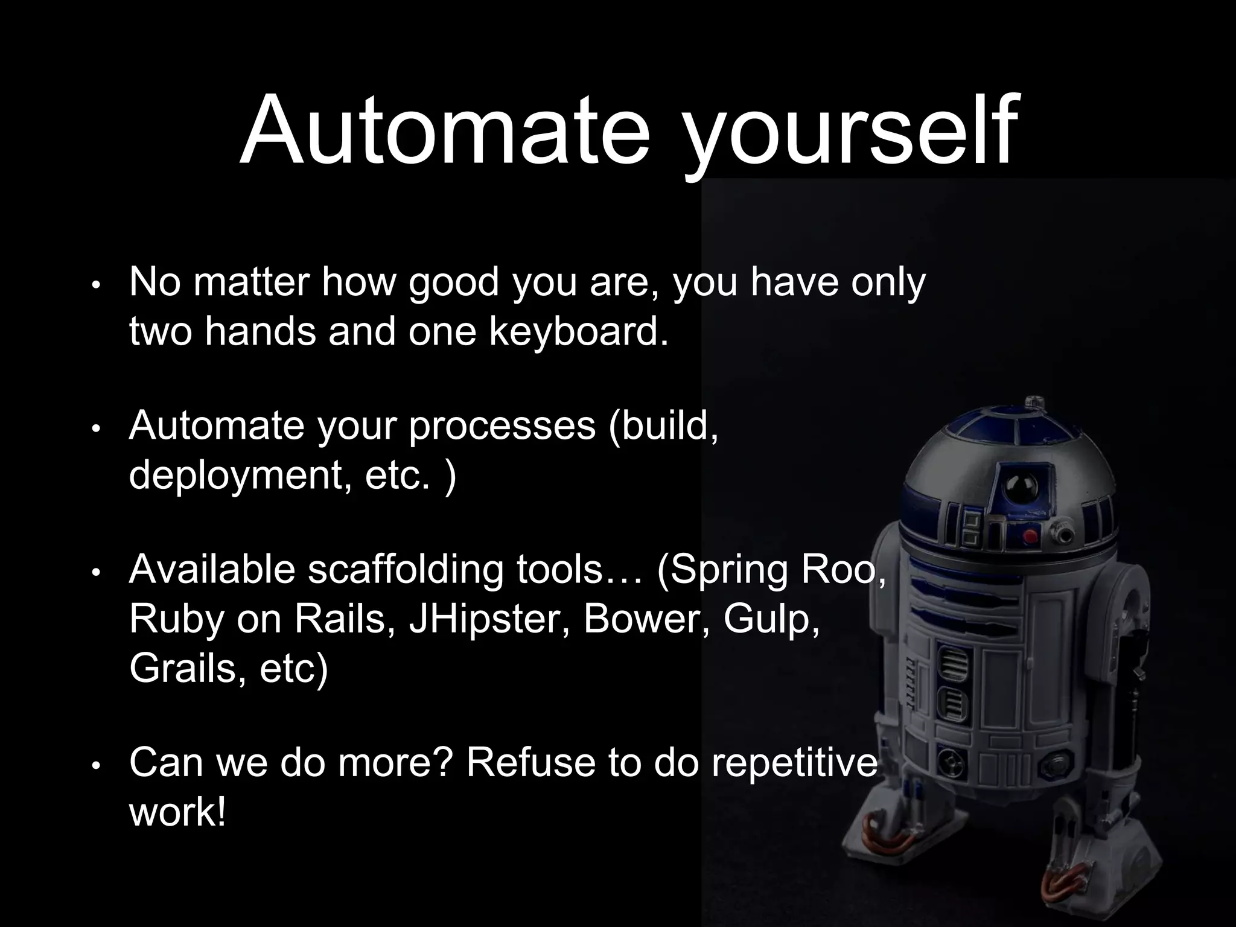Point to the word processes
[502, 427]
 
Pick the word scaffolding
[405, 571]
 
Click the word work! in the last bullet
[177, 812]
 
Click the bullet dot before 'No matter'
[95, 285]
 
